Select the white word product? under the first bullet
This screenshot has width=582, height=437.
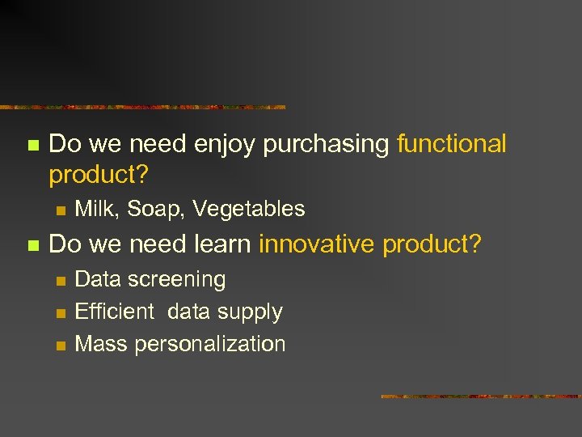99,174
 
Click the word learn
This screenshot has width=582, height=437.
223,244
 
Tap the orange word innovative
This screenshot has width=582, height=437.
318,244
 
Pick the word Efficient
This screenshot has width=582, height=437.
114,312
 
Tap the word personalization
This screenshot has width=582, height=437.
210,345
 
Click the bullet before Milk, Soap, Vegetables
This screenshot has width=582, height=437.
60,210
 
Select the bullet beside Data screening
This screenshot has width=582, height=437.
60,280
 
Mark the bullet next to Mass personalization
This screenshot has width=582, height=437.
60,345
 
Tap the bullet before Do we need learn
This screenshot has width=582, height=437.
32,244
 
